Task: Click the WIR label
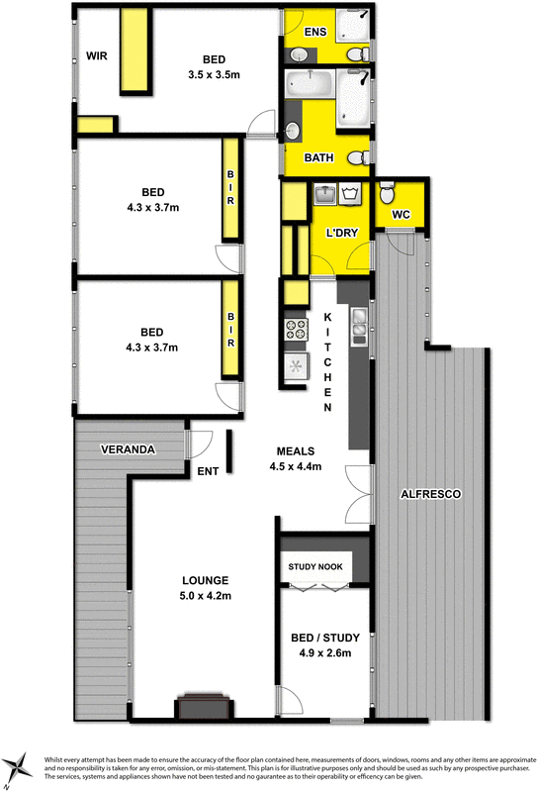coord(96,55)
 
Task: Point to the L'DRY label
coord(341,233)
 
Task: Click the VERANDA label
coord(129,449)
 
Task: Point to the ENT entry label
coord(208,471)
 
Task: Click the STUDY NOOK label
coord(315,567)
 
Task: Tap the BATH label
coord(318,157)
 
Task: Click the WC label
coord(401,214)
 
